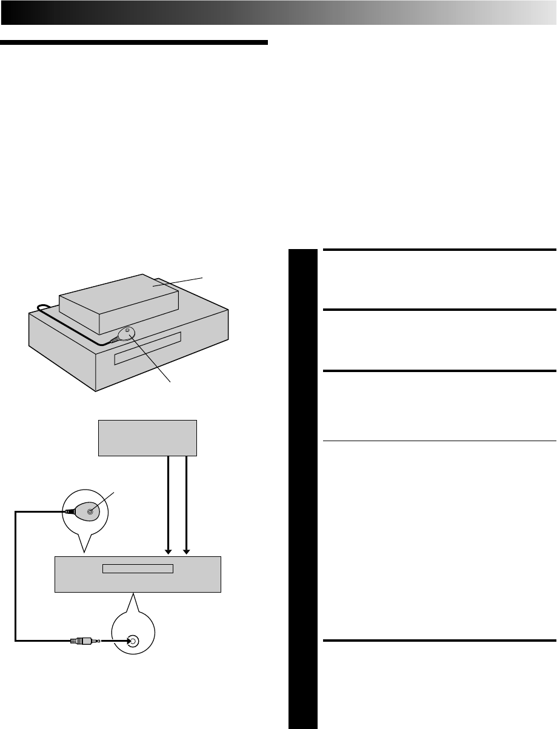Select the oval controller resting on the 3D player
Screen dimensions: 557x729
(127, 335)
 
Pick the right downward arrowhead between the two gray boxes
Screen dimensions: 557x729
(187, 550)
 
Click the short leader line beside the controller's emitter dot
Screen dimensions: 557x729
(104, 501)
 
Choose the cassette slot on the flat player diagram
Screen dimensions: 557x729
(138, 569)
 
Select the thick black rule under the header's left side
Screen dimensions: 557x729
(133, 43)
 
